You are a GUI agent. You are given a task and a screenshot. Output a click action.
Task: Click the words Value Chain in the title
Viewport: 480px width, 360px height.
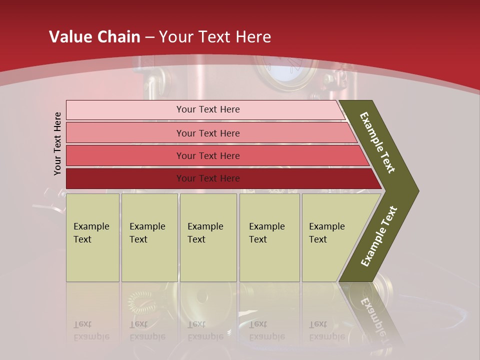pos(94,37)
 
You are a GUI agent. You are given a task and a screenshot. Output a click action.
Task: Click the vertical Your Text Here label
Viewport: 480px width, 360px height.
pos(57,143)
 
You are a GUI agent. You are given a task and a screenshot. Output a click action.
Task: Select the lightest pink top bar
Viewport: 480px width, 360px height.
pos(207,109)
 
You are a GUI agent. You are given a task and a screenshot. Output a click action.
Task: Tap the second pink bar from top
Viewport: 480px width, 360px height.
pos(207,133)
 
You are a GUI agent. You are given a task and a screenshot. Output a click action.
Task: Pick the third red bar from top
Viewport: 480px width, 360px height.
pos(207,155)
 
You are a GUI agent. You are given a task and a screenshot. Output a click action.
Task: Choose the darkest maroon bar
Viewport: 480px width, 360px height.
pos(207,178)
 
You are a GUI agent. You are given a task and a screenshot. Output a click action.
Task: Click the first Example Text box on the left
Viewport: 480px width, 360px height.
pos(92,237)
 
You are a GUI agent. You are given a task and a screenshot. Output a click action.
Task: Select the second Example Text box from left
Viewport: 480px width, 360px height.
pos(149,237)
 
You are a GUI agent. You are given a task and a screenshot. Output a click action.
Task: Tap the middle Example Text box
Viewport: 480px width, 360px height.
pos(208,237)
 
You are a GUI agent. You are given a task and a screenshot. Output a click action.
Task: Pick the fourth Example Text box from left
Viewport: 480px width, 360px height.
pos(269,237)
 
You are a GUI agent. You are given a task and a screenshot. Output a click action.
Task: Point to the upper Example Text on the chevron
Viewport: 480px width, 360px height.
pos(377,142)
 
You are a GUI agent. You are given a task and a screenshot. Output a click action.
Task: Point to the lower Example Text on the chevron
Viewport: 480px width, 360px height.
pos(378,236)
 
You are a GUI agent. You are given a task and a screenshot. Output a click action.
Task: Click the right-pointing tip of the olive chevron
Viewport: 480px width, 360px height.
pos(415,190)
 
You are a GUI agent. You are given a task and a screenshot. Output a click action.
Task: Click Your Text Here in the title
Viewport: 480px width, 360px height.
pos(215,37)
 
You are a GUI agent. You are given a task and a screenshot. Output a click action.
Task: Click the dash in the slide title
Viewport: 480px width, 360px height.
pos(149,37)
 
